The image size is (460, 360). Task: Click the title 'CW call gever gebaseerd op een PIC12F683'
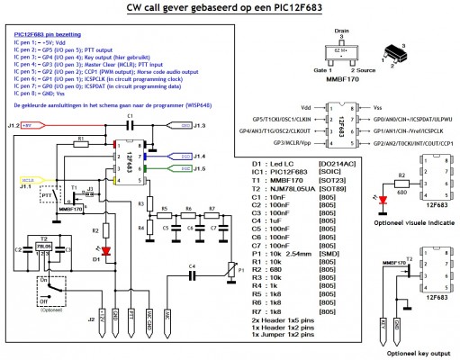230,11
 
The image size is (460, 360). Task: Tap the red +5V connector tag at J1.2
32,125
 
